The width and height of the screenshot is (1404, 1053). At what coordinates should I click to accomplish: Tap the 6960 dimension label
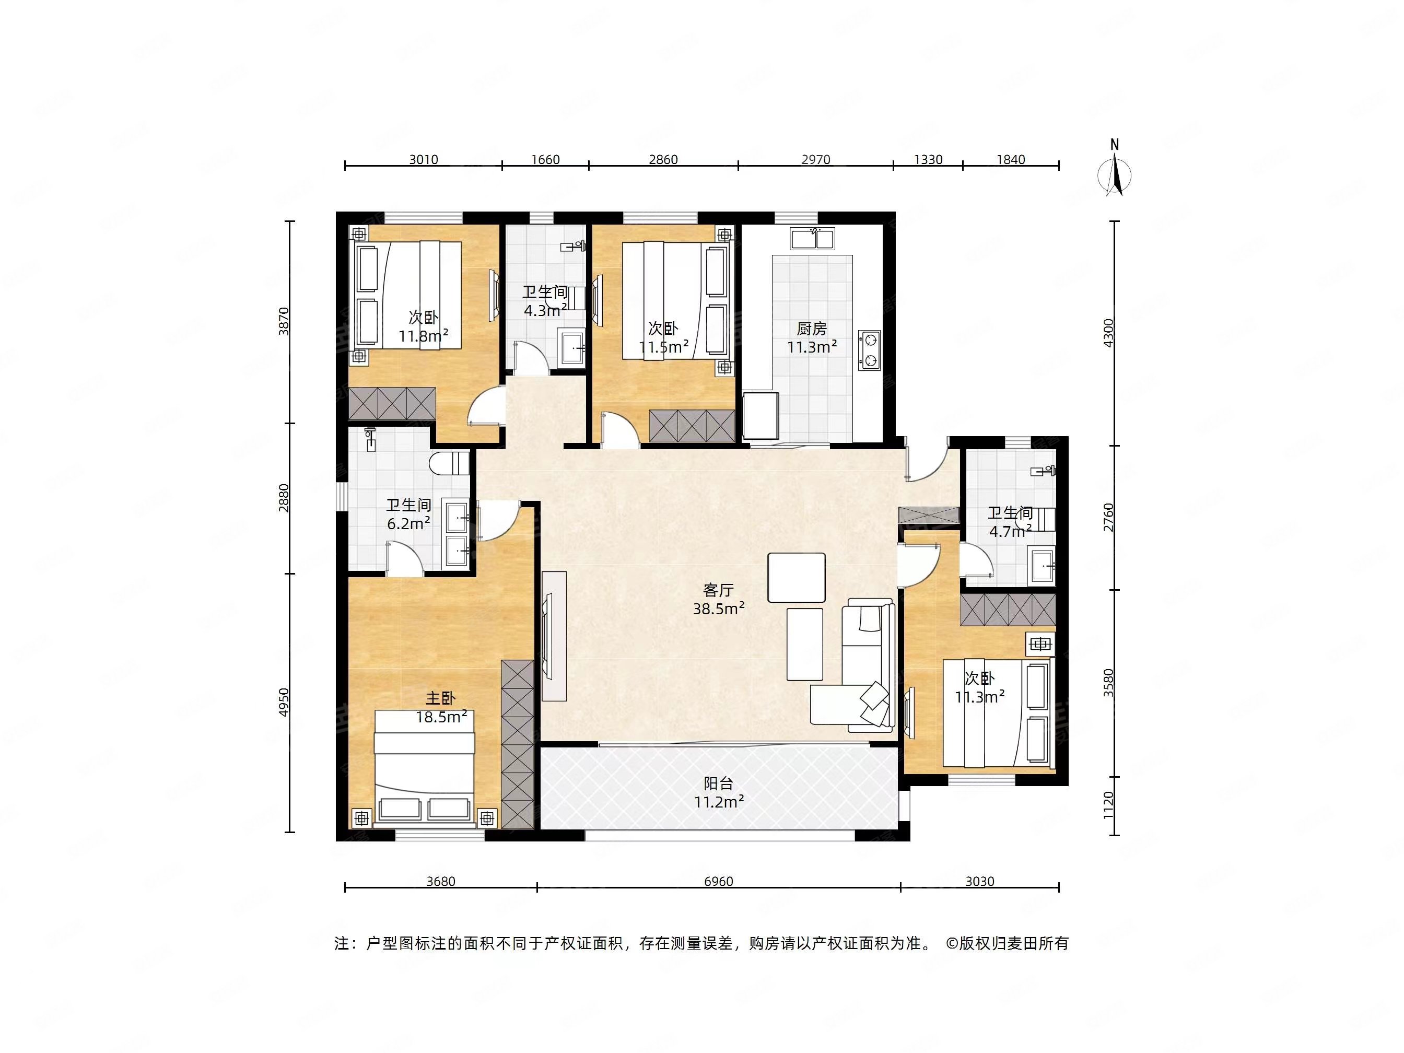(719, 881)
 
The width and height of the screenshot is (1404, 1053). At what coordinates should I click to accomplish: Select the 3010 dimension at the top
(424, 159)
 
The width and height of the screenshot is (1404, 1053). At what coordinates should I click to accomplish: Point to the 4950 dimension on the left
(284, 702)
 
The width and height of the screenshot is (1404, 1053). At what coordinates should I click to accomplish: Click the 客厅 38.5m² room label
(719, 599)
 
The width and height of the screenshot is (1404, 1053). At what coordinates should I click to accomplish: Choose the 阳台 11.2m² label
(719, 793)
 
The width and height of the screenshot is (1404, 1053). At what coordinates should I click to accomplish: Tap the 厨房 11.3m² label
(812, 337)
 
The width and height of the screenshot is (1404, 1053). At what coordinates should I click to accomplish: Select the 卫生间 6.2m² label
(409, 514)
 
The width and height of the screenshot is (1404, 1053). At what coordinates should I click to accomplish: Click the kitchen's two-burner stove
(870, 350)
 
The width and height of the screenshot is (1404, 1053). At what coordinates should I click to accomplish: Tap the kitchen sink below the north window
(812, 239)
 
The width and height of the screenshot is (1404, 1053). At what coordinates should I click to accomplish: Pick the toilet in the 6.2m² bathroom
(449, 463)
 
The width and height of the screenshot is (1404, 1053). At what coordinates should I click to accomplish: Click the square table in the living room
(797, 578)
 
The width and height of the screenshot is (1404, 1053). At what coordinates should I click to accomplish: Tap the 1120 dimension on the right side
(1109, 804)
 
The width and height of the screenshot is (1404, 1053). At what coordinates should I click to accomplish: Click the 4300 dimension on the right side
(1109, 333)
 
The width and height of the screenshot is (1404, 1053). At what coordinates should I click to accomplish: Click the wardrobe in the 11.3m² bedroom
(1008, 610)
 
